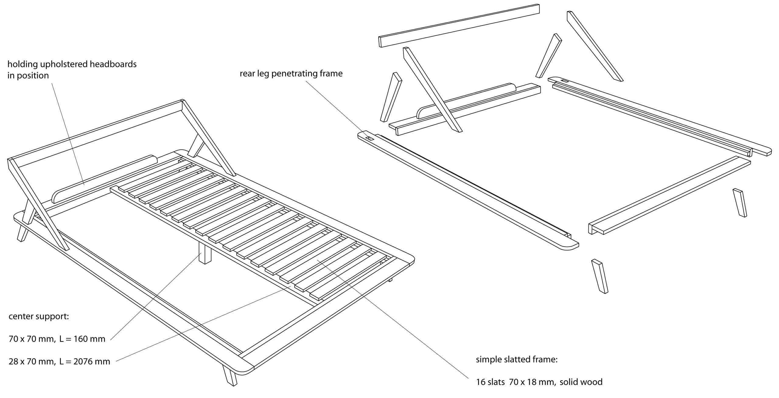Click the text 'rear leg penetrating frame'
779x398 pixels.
[x=291, y=74]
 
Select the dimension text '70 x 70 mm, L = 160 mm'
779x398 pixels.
[x=57, y=339]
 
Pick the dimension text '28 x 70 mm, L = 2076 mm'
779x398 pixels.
[x=59, y=362]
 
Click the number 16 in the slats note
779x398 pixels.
[x=481, y=382]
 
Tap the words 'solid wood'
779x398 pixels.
[x=581, y=382]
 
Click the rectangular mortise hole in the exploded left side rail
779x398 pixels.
[x=370, y=139]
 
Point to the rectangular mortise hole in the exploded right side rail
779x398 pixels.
[x=565, y=81]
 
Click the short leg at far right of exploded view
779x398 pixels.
[x=739, y=202]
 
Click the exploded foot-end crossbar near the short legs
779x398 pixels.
[x=669, y=195]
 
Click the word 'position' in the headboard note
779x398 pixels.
[x=33, y=75]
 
